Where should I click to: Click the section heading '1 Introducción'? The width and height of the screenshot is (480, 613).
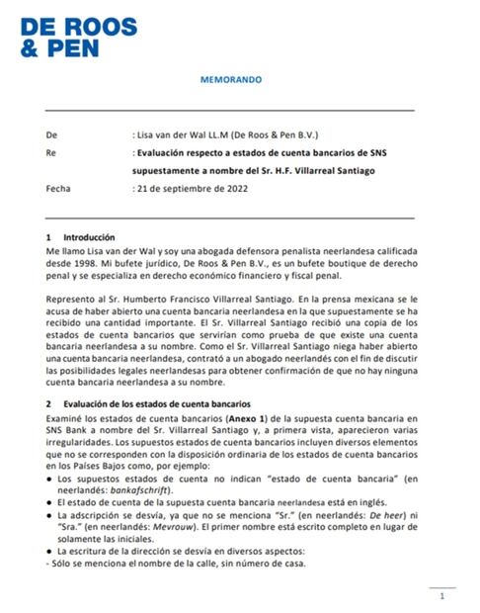coord(81,238)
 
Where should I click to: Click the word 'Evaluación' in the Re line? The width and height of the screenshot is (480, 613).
coord(162,154)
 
